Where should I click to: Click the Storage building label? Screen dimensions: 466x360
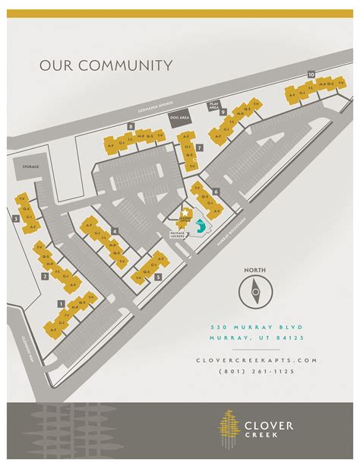click(x=30, y=166)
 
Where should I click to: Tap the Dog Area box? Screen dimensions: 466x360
click(x=179, y=119)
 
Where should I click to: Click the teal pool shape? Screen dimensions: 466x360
click(x=200, y=226)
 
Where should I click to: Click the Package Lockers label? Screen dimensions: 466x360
click(x=178, y=234)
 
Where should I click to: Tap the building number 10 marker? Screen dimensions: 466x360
click(x=311, y=74)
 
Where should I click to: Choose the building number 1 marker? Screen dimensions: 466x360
click(x=61, y=303)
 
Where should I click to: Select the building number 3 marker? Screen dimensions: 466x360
click(x=16, y=219)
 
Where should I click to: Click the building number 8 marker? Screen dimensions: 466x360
click(x=131, y=125)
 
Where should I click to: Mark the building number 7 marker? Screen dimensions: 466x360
click(x=198, y=147)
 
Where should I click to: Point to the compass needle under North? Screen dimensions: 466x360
click(x=255, y=288)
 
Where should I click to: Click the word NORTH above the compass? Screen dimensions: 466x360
click(x=255, y=270)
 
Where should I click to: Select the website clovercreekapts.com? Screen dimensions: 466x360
click(x=255, y=360)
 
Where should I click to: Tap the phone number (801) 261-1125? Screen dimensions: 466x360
click(x=255, y=371)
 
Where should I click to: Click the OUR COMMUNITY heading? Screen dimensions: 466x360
click(x=106, y=65)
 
